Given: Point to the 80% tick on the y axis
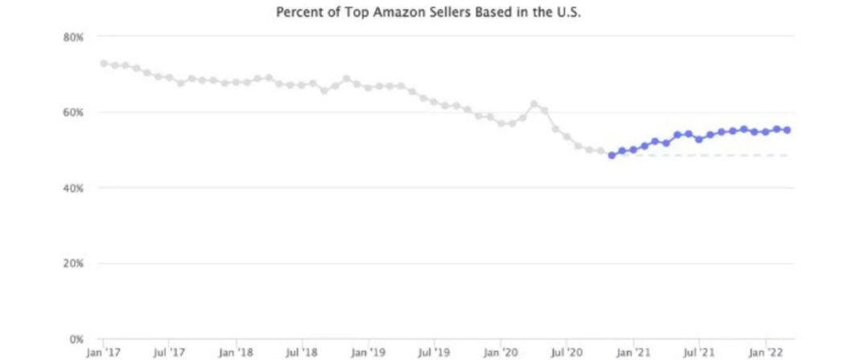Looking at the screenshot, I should [74, 37].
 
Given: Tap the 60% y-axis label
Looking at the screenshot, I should [74, 112].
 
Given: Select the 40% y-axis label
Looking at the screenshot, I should [74, 188].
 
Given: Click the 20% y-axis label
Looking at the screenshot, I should [74, 264].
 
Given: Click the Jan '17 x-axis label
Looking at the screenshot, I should [104, 352].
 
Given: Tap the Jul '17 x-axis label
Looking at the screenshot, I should [170, 352].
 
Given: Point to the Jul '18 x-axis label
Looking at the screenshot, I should [302, 352].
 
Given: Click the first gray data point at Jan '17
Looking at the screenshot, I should [104, 63].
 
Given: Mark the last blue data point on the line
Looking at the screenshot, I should [788, 130].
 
